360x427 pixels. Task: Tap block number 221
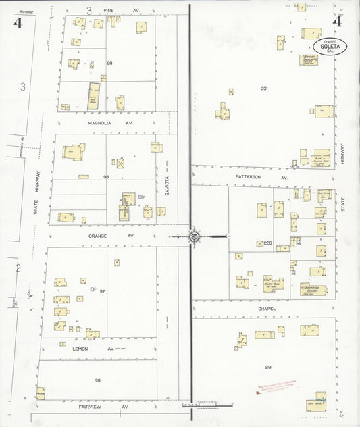264,89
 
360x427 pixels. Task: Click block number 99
109,62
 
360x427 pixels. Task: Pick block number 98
106,176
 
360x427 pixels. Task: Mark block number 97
103,291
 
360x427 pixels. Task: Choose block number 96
98,380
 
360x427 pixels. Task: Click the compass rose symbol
192,236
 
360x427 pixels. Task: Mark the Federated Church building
313,291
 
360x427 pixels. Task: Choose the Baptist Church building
310,58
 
